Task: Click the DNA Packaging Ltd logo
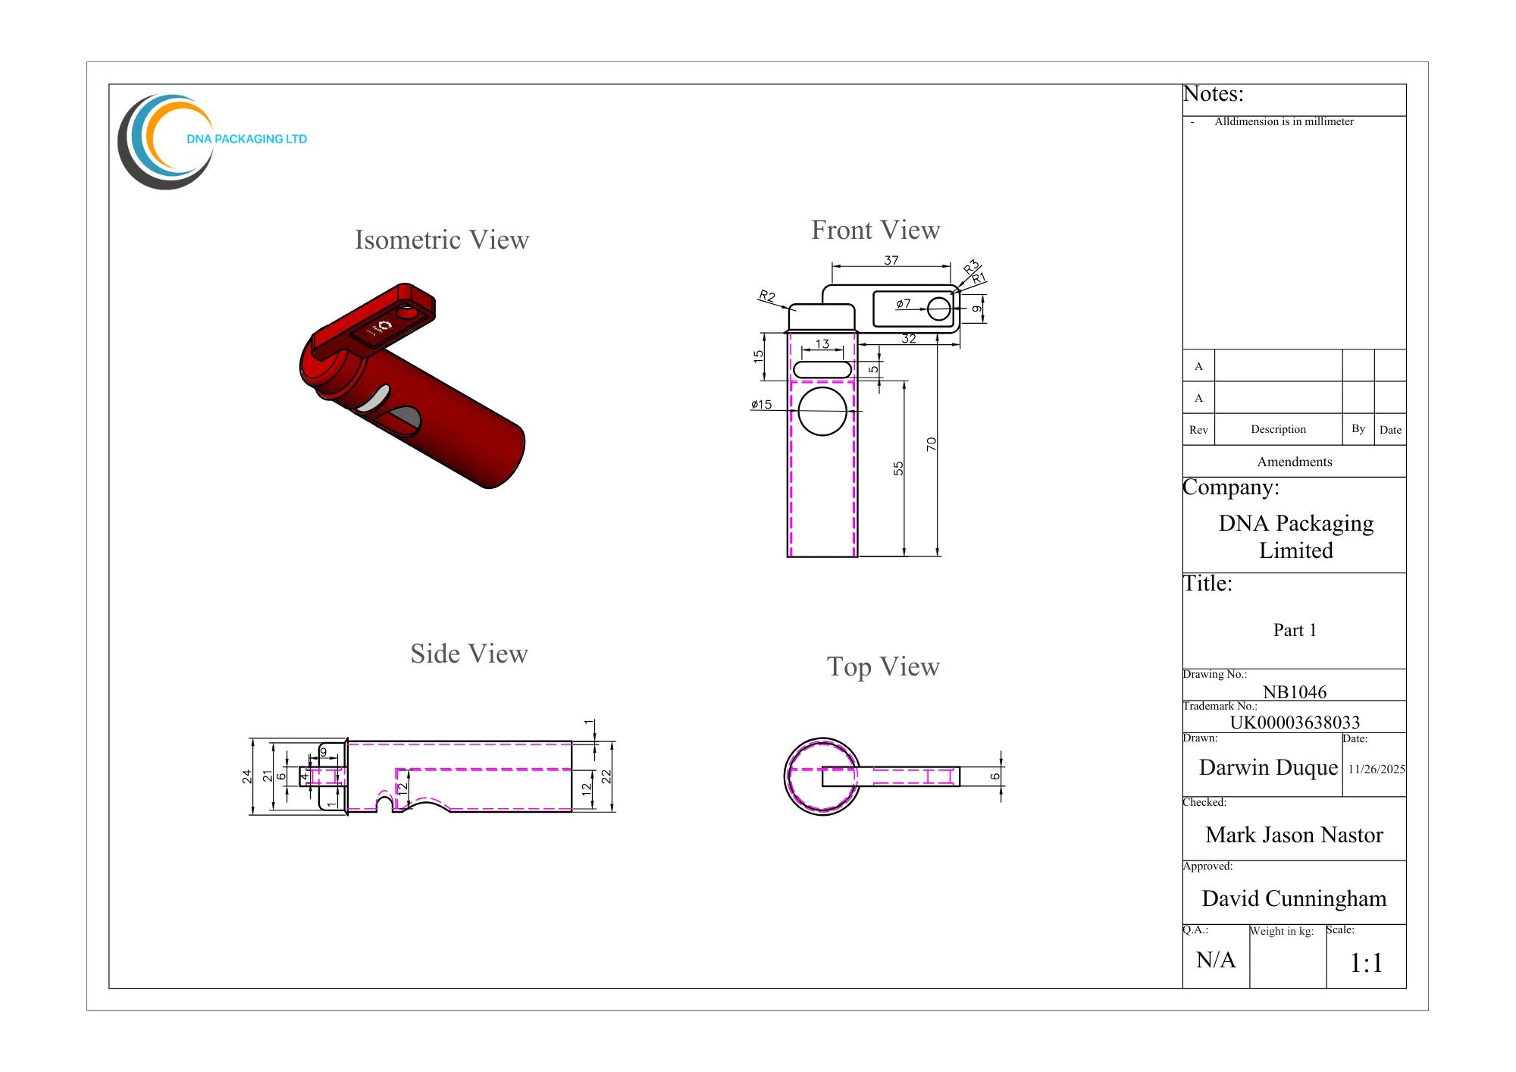coord(212,142)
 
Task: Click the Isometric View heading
coord(442,240)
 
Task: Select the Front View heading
coord(875,230)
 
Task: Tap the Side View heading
coord(469,654)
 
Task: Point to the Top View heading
coord(883,667)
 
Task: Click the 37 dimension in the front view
coord(891,260)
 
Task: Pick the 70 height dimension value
coord(932,444)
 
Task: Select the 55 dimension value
coord(898,469)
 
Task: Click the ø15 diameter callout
coord(762,404)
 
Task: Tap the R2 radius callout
coord(767,296)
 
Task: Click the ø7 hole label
coord(904,303)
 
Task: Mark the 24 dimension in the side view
coord(246,776)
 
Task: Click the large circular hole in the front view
coord(822,412)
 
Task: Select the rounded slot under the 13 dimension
coord(822,370)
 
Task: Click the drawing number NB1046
coord(1295,691)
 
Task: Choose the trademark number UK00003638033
coord(1295,722)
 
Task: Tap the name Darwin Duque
coord(1268,767)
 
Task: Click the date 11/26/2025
coord(1377,769)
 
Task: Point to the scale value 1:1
coord(1367,963)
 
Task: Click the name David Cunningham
coord(1294,898)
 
